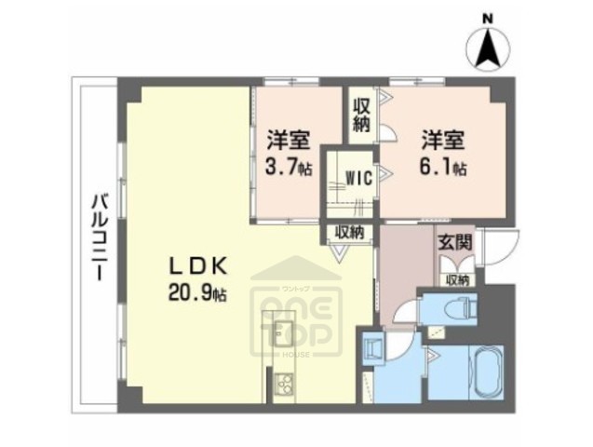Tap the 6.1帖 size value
(x=441, y=169)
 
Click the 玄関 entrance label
(x=455, y=243)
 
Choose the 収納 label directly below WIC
(x=349, y=232)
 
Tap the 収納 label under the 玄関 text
(x=456, y=278)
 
